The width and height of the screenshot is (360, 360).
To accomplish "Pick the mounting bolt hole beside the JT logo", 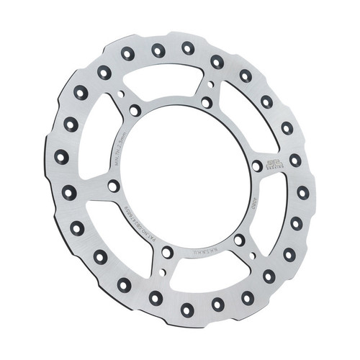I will pos(257,166).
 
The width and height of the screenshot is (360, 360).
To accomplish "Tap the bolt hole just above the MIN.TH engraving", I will pos(135,110).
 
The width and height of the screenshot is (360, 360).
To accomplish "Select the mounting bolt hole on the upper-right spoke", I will pos(207,102).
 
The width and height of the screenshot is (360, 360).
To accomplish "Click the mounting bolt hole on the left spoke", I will pos(113,186).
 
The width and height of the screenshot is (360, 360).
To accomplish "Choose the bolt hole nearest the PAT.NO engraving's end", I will pos(167,252).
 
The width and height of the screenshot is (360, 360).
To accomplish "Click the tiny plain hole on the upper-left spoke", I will pos(121,94).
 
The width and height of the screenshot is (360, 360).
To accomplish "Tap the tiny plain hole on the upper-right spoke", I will pos(210,85).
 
